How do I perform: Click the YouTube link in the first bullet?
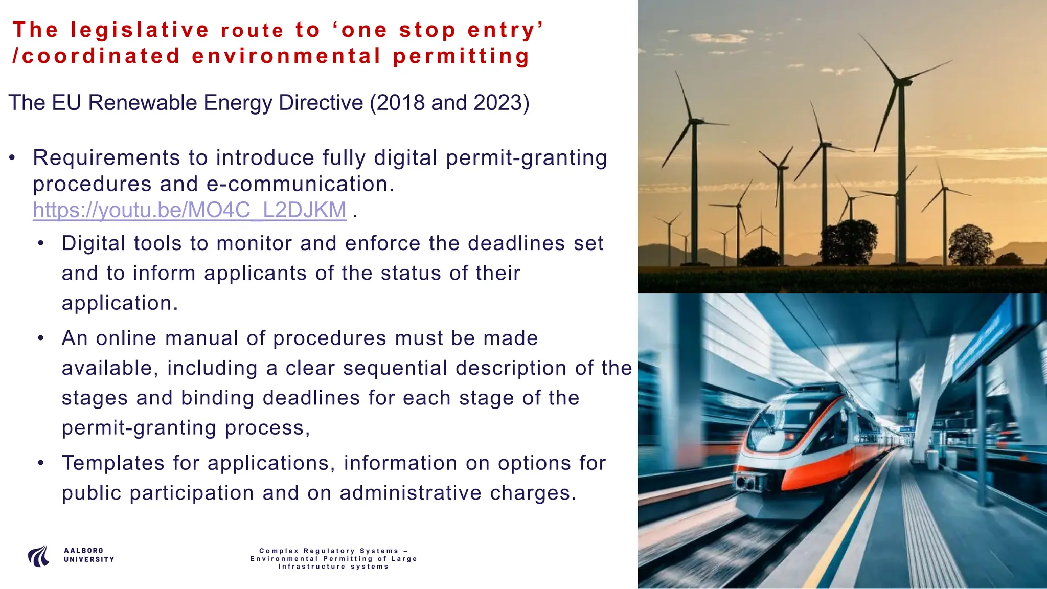click(x=189, y=210)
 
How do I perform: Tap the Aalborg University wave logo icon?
click(x=39, y=556)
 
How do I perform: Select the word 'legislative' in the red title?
click(x=140, y=30)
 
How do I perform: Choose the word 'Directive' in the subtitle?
click(x=321, y=103)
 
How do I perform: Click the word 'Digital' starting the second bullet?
click(x=94, y=243)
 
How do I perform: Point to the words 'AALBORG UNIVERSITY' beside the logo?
click(x=89, y=555)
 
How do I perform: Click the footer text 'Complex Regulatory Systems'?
click(x=329, y=551)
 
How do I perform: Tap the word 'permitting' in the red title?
click(x=461, y=56)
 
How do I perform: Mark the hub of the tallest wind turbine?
click(x=898, y=81)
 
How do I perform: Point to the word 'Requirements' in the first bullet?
click(x=106, y=158)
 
